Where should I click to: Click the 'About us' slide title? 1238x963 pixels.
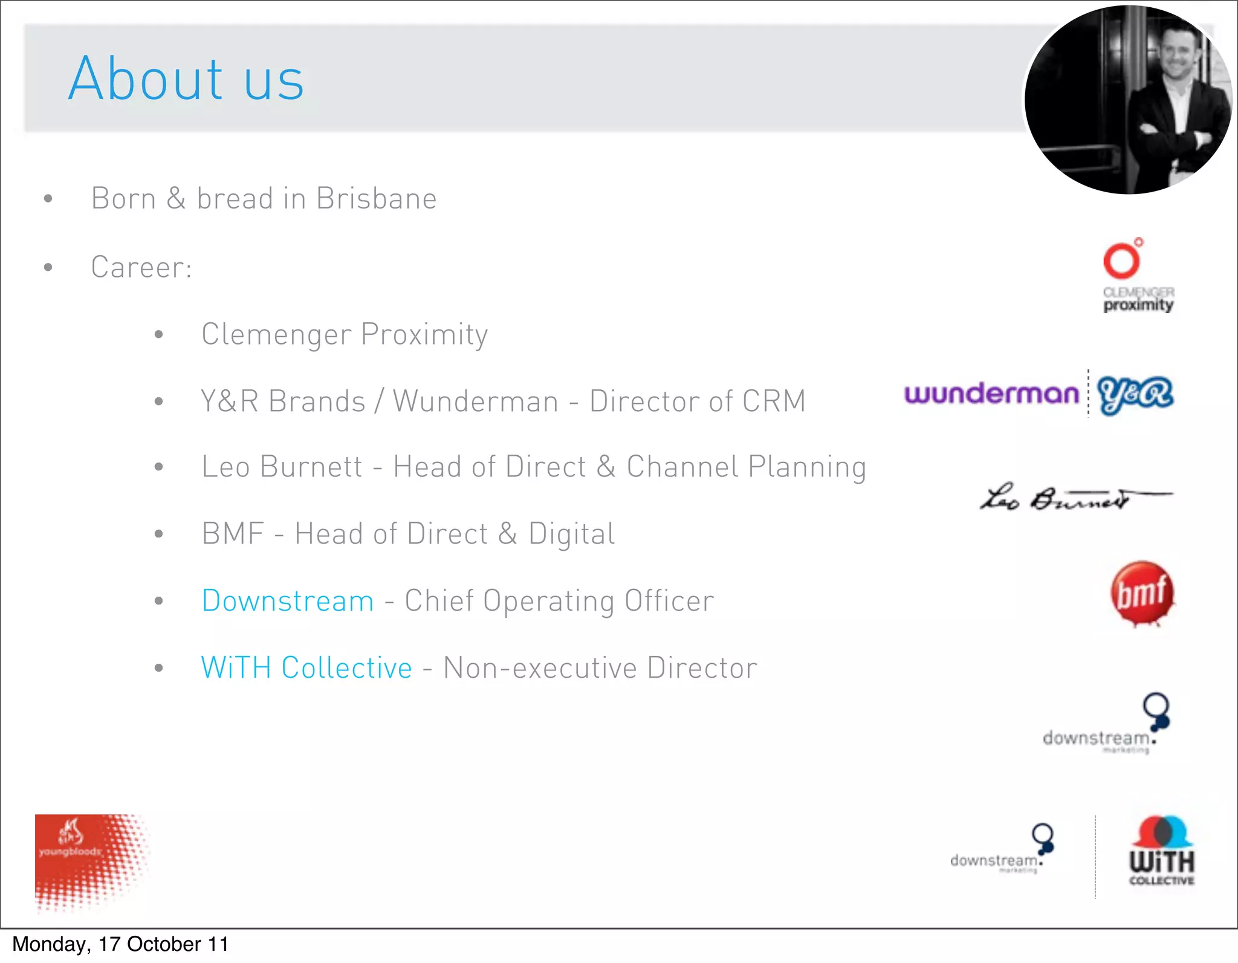[x=186, y=79]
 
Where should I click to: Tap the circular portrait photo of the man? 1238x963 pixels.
[x=1128, y=100]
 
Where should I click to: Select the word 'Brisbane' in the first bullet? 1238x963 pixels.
[x=376, y=199]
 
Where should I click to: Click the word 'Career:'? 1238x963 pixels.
[x=141, y=268]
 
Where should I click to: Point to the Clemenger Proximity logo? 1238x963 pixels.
[x=1137, y=276]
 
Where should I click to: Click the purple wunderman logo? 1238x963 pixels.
[x=991, y=394]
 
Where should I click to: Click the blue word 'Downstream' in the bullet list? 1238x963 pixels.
[x=288, y=601]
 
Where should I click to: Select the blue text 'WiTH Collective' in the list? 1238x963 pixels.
[x=306, y=668]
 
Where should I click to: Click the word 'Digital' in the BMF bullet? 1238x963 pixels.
[x=571, y=534]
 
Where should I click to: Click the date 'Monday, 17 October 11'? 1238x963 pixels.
[x=120, y=944]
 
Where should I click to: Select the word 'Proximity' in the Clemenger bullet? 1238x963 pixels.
[x=424, y=335]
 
